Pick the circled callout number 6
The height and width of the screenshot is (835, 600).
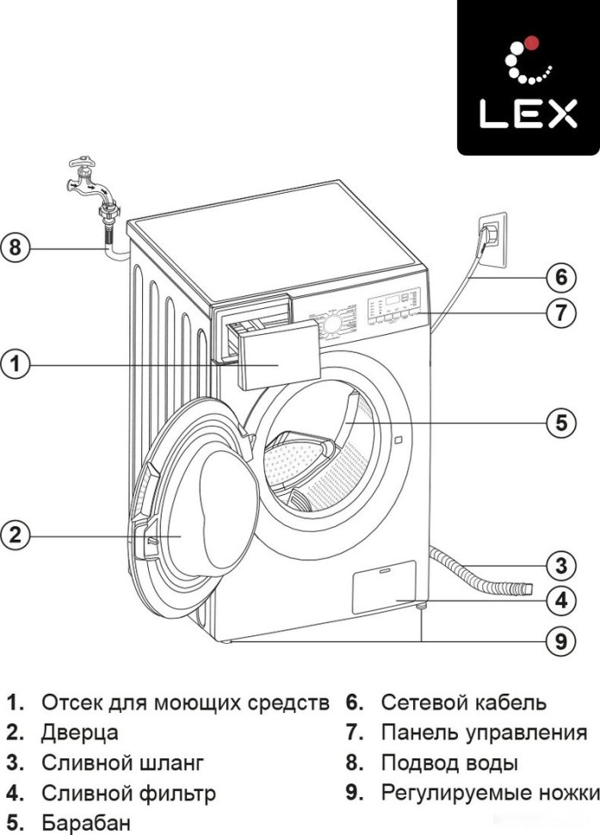pos(560,278)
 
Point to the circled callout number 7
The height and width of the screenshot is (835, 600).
pos(560,312)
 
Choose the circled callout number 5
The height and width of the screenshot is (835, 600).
pos(560,423)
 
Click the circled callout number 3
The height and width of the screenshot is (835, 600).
pos(560,566)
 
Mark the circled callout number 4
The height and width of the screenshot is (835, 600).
pos(560,600)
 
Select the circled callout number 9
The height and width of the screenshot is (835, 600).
pos(560,640)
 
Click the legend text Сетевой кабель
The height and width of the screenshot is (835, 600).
pos(463,702)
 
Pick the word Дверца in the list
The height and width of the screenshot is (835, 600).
pos(79,733)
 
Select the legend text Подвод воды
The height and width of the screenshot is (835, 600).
pos(449,763)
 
